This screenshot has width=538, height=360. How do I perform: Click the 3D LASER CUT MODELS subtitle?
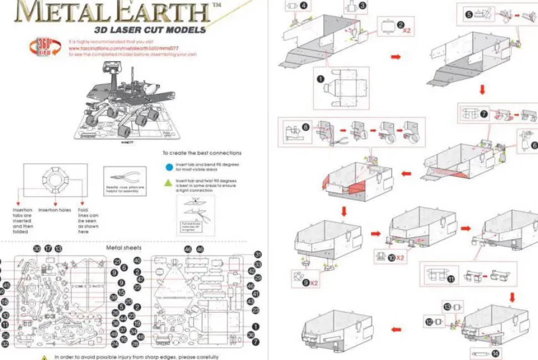[x=149, y=30]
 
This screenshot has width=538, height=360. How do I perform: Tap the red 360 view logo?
[x=46, y=47]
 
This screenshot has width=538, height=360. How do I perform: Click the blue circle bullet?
[x=169, y=165]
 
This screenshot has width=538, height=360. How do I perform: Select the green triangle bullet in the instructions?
[x=169, y=181]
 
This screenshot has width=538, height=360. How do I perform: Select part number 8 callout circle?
[x=306, y=127]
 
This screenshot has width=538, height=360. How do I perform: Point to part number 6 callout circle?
[x=534, y=145]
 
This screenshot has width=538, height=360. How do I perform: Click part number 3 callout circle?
[x=362, y=6]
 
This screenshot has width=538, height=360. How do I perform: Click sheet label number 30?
[x=37, y=249]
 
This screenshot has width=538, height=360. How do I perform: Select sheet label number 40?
[x=138, y=261]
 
